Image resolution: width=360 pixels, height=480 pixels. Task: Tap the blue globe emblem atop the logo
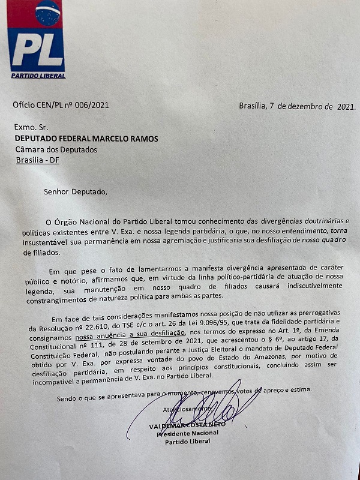pos(47,13)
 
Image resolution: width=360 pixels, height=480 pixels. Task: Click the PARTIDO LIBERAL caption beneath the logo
pos(38,75)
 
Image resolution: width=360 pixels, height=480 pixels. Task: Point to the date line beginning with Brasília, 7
pos(297,106)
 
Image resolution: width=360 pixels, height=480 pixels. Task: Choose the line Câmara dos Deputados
pos(56,149)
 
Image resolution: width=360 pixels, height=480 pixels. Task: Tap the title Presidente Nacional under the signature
pos(187,433)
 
